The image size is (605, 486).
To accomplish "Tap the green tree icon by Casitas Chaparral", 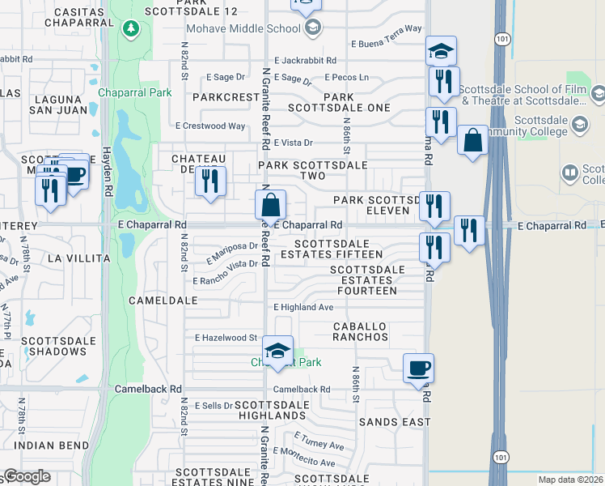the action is pos(131,30).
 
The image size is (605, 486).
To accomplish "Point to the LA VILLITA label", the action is pos(78,258).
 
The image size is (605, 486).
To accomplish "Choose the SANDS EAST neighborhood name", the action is pos(390,422).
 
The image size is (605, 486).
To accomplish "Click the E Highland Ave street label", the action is pos(303,308).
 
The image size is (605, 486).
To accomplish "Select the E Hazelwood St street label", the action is pos(225,338).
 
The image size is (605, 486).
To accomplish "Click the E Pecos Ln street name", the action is pos(346,78).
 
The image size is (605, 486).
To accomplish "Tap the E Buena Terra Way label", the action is pos(387,28).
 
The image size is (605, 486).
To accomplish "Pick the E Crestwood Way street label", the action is pos(210,126).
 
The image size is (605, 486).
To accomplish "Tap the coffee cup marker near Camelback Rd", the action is pos(418,369).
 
